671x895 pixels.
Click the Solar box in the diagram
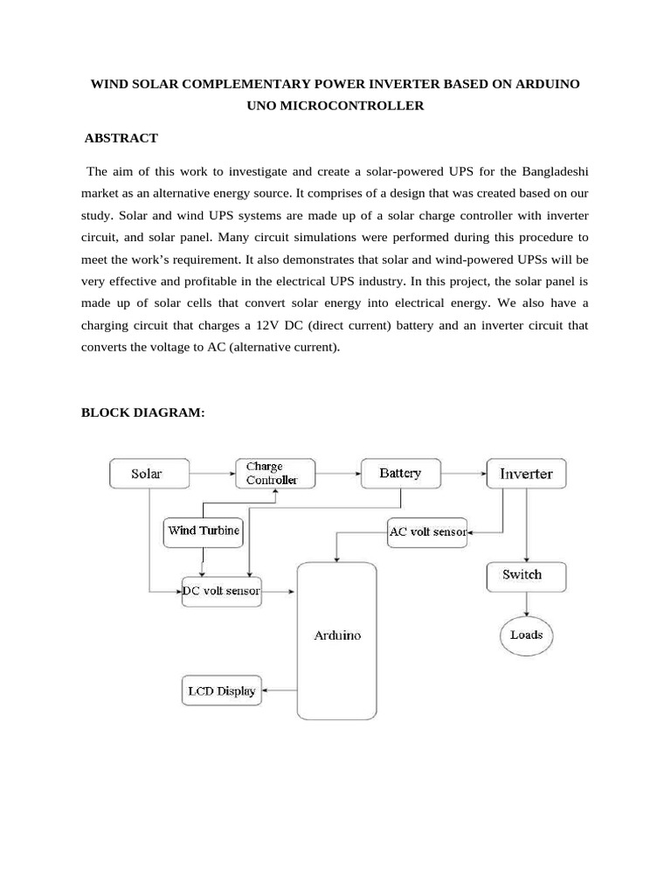[147, 474]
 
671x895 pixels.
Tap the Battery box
[400, 474]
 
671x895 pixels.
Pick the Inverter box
[526, 474]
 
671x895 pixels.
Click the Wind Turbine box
[204, 531]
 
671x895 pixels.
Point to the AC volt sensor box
[427, 531]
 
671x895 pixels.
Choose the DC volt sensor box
[221, 592]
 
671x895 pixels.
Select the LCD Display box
[221, 690]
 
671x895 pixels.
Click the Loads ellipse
[526, 635]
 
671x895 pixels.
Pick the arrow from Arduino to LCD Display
[279, 690]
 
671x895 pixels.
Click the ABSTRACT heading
[121, 138]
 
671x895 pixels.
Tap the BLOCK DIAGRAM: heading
[143, 412]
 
